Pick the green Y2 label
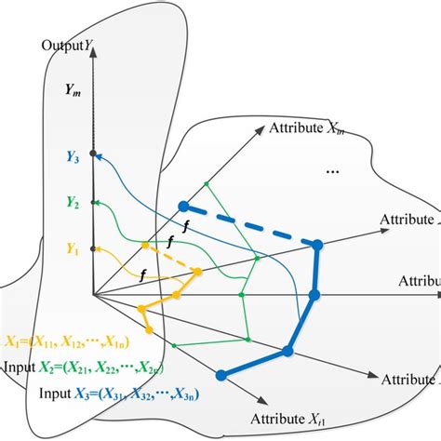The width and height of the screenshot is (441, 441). point(73,202)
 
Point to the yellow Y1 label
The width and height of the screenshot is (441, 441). point(73,248)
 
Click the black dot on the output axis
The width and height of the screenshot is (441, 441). point(93,153)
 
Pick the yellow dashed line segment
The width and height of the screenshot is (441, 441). point(169,259)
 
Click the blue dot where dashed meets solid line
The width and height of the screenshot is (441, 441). point(317,245)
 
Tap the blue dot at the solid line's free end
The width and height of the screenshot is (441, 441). point(221,376)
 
